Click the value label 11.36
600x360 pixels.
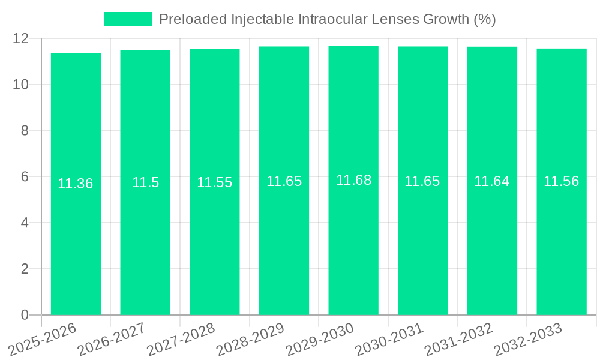click(76, 184)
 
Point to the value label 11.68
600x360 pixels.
click(353, 180)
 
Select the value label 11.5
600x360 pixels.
click(145, 182)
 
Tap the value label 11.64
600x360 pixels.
click(492, 181)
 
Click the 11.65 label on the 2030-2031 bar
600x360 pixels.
click(422, 181)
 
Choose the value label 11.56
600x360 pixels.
click(562, 181)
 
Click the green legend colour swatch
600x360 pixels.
click(128, 19)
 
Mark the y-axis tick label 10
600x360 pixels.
click(21, 85)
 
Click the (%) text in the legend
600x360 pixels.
click(484, 19)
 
